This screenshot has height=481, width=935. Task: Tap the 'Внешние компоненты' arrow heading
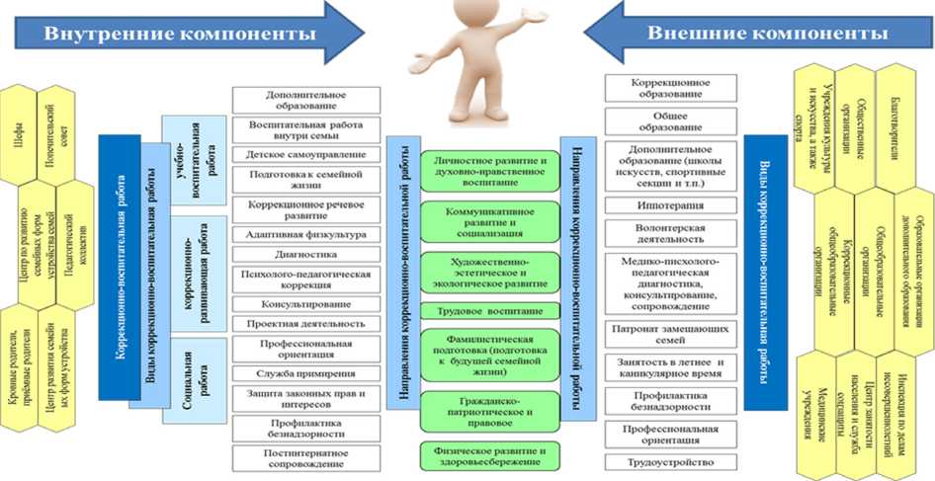pyautogui.click(x=767, y=33)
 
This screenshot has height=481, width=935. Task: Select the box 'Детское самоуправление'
pyautogui.click(x=305, y=155)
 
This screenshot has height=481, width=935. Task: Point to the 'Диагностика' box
pyautogui.click(x=305, y=252)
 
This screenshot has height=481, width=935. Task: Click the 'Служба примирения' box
pyautogui.click(x=305, y=373)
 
